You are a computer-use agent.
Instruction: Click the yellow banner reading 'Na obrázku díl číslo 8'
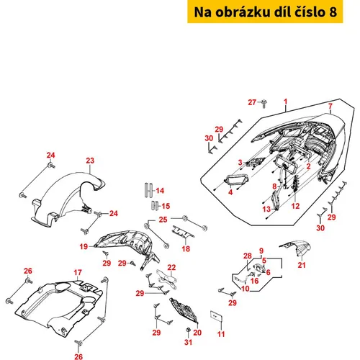coord(265,12)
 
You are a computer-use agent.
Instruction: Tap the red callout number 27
coord(252,102)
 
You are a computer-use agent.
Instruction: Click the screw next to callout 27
coord(264,104)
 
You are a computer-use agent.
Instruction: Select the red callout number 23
coord(90,161)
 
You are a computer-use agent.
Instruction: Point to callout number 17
coord(78,272)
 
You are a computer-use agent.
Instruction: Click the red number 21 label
coord(302,265)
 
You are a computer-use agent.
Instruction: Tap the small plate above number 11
coord(216,316)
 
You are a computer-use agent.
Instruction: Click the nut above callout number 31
coord(189,330)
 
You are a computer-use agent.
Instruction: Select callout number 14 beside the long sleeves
coord(160,191)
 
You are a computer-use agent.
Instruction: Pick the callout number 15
coord(166,206)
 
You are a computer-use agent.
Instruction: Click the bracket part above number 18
coord(183,232)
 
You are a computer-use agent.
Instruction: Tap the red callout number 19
coord(84,246)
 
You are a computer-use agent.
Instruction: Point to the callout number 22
coord(171,267)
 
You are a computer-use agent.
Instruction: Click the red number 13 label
coord(266,210)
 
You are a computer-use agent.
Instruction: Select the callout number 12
coord(295,206)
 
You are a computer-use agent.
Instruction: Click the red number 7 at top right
coord(330,106)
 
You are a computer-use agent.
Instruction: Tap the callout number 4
coord(230,192)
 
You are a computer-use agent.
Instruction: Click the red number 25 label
coord(163,220)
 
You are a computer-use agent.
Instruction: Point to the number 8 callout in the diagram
coord(274,186)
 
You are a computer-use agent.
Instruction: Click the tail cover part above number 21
coord(297,248)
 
